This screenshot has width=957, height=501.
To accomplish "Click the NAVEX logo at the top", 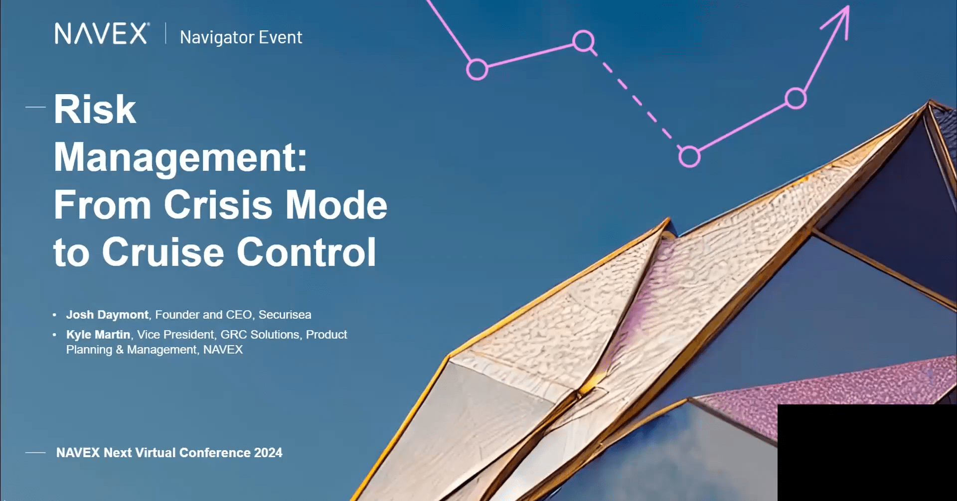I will [102, 34].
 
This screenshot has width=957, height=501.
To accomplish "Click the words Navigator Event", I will [241, 37].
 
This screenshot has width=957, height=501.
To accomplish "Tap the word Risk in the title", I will [95, 110].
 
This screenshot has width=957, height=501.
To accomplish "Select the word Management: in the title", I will [180, 158].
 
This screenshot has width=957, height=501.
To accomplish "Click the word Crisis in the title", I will [218, 205].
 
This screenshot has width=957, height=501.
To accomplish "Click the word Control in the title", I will [306, 252].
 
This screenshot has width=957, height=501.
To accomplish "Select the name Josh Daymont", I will [107, 315].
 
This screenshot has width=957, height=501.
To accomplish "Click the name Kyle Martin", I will [98, 334].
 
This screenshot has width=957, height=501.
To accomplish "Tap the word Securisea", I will [285, 315].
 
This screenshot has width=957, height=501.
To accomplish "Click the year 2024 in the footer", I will [268, 453].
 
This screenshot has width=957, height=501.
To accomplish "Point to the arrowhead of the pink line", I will [843, 15].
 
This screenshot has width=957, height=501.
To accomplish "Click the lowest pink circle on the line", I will [689, 157].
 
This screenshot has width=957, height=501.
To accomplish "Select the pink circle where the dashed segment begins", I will [583, 41].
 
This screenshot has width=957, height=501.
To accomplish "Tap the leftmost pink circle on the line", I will [477, 69].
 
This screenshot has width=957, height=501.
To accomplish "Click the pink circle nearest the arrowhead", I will [796, 98].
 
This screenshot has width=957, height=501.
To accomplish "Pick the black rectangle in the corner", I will [867, 452].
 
